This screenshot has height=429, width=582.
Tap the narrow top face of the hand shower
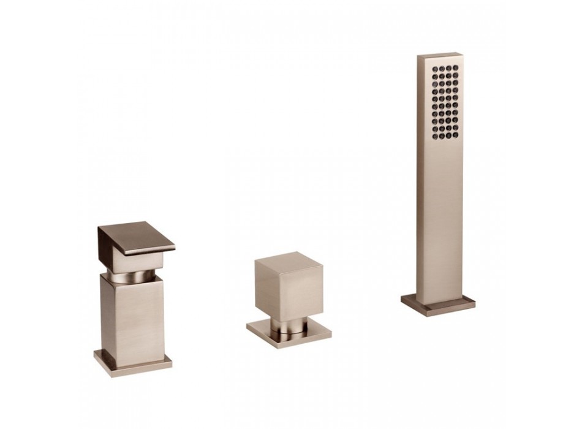(440, 56)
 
